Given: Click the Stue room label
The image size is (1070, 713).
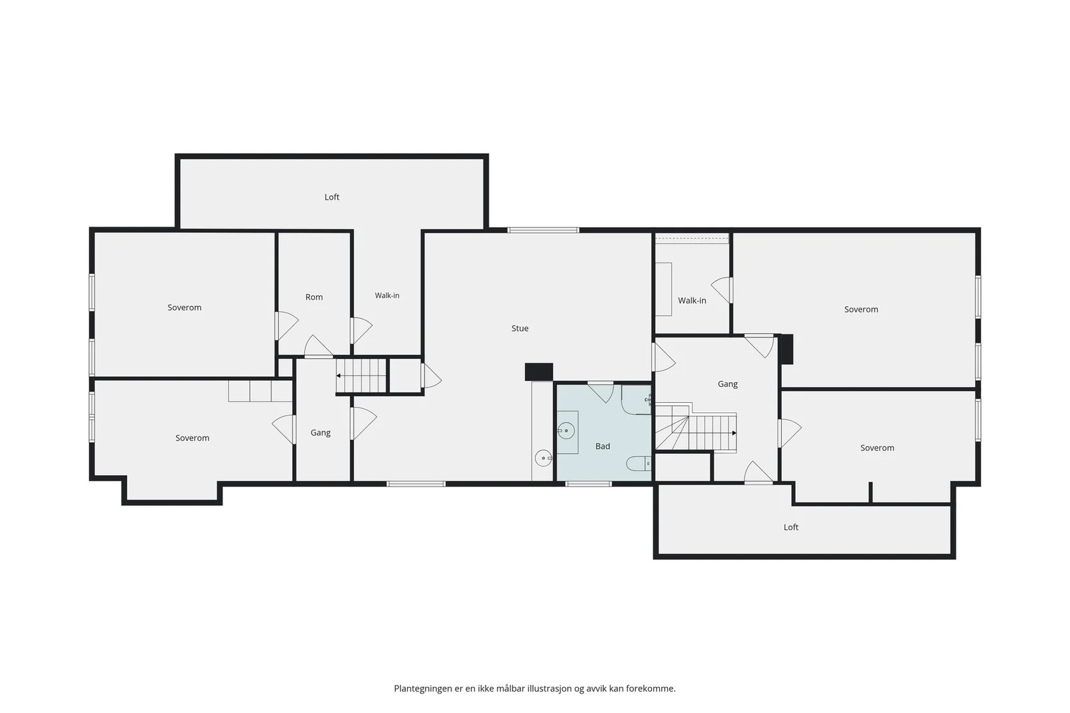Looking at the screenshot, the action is [x=520, y=328].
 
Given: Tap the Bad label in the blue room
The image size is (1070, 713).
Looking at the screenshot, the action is [x=603, y=446].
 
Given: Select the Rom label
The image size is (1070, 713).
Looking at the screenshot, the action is [x=314, y=297].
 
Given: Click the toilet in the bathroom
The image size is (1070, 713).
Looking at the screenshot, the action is [x=639, y=463].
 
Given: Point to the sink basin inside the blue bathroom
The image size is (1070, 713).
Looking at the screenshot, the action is [x=566, y=431].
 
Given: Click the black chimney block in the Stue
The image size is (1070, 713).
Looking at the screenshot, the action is [x=539, y=372].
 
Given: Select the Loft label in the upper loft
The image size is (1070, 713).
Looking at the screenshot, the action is [x=332, y=197].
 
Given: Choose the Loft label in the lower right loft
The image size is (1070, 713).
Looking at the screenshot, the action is [x=790, y=527].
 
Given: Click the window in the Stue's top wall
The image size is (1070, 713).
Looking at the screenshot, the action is [x=543, y=230].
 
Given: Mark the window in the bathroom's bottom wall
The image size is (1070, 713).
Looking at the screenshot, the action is [x=588, y=484].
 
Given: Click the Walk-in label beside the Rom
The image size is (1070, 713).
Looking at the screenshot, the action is [x=387, y=295].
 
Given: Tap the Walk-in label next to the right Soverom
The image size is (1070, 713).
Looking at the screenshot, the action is [x=691, y=301].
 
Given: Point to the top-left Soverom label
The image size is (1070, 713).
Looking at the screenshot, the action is [x=185, y=308].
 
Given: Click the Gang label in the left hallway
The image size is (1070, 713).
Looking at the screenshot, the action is [x=320, y=433].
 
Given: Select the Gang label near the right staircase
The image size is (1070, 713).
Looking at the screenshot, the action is [x=728, y=384].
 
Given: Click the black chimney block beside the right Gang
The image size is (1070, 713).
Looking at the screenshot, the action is [x=786, y=349].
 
